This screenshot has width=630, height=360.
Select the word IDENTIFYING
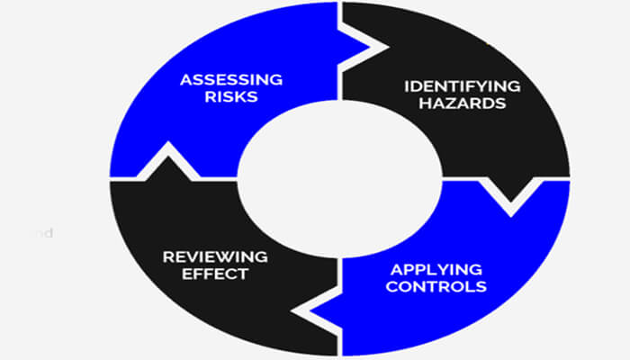tap(461, 86)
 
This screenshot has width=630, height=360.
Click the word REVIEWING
tap(215, 256)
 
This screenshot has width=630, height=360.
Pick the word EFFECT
tap(215, 274)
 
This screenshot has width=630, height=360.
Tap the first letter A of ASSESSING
tap(184, 78)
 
